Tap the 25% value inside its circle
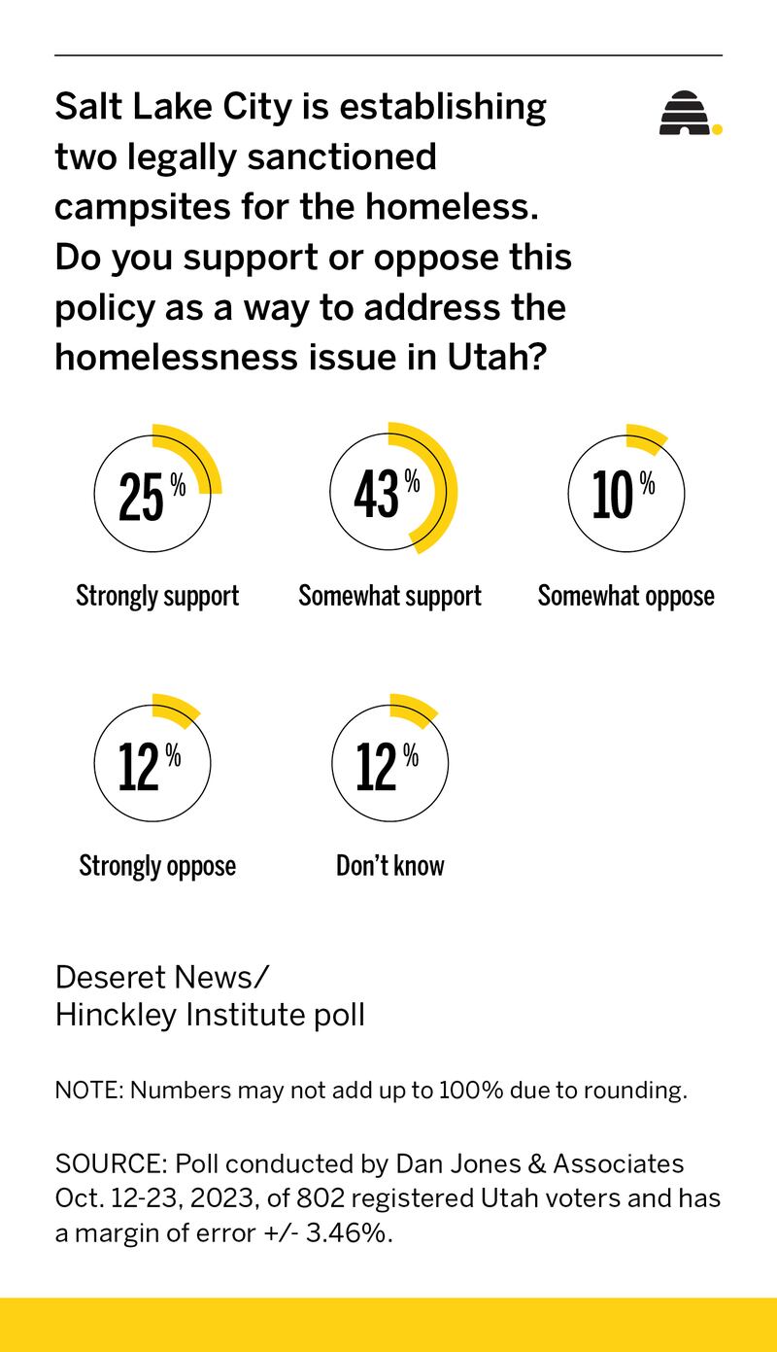pyautogui.click(x=151, y=496)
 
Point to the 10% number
pyautogui.click(x=623, y=495)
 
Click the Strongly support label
pyautogui.click(x=157, y=596)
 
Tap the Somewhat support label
pyautogui.click(x=389, y=596)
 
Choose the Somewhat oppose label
pyautogui.click(x=625, y=596)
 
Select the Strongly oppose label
pyautogui.click(x=157, y=865)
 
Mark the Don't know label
pyautogui.click(x=389, y=865)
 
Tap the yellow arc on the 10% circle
pyautogui.click(x=646, y=436)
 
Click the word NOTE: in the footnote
pyautogui.click(x=87, y=1090)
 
